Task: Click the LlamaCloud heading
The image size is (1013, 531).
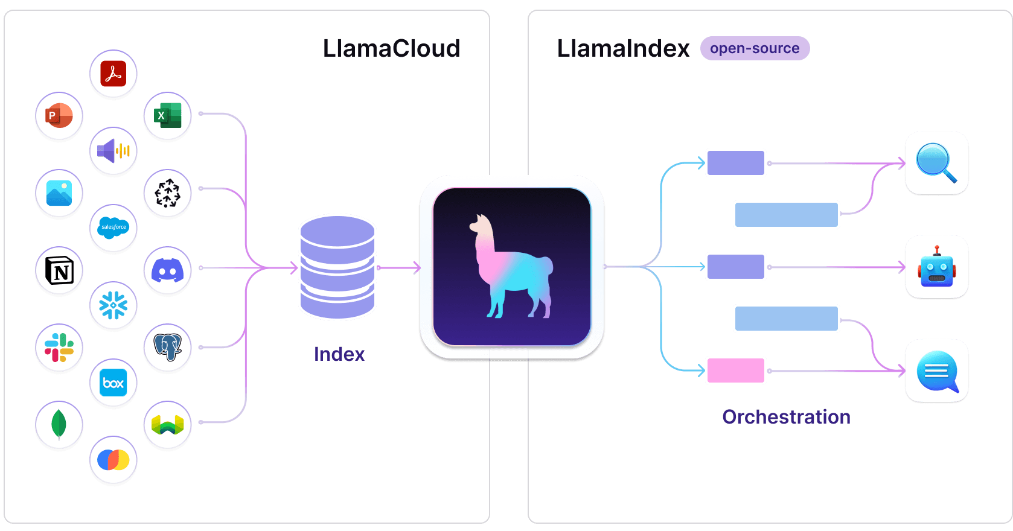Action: [x=391, y=48]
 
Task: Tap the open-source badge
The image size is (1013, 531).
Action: [x=755, y=48]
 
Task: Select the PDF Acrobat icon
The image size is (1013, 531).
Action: [x=113, y=74]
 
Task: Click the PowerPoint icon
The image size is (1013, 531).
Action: [x=59, y=115]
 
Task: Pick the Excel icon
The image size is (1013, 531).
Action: [x=168, y=115]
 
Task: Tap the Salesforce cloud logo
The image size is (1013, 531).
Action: [x=113, y=227]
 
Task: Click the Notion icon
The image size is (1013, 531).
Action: [x=59, y=270]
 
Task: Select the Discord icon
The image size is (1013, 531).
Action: [x=168, y=270]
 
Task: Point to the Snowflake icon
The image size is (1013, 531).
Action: [x=113, y=305]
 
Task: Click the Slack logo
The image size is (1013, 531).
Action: [x=59, y=348]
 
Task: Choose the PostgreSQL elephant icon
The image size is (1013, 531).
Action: [x=168, y=348]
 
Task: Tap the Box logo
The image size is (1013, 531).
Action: [x=113, y=383]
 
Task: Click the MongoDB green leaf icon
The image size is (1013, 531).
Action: [x=59, y=424]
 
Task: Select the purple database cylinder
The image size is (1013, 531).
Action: [x=337, y=267]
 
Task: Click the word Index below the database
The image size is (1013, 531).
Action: [x=339, y=354]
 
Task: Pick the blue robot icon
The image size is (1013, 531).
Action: [x=936, y=267]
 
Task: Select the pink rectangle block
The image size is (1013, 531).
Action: [x=735, y=370]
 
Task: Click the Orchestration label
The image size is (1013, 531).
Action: [x=786, y=417]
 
